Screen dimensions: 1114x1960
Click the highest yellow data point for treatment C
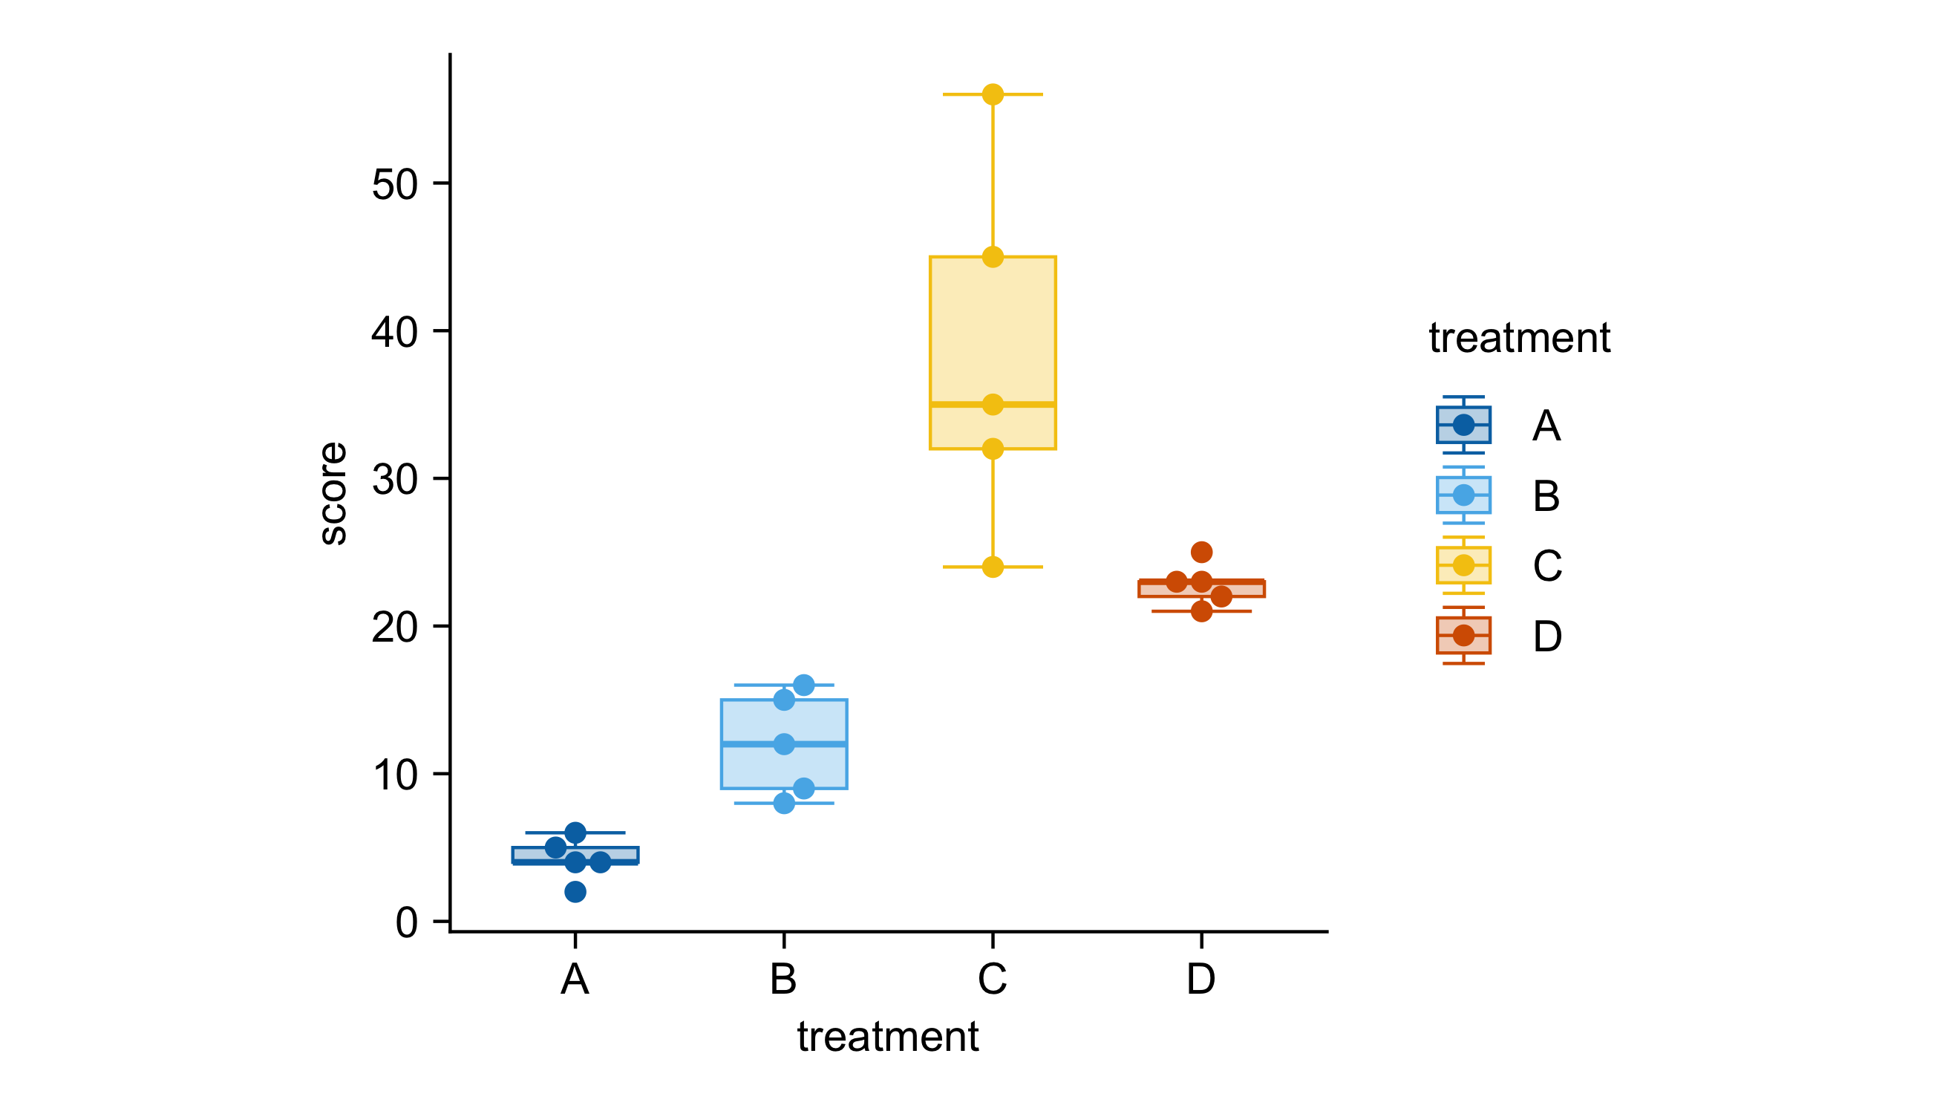[x=992, y=95]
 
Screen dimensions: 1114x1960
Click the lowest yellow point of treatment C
[x=992, y=567]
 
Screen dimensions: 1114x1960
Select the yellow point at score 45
[x=992, y=257]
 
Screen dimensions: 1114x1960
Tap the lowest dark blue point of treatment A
[x=575, y=891]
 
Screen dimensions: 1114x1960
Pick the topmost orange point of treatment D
[x=1201, y=552]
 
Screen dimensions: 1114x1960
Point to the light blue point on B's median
[x=784, y=743]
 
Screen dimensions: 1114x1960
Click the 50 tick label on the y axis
[x=395, y=184]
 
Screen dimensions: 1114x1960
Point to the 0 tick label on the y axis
[x=406, y=922]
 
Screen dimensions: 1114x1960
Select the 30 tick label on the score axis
[x=395, y=480]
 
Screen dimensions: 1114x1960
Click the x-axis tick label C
[x=992, y=979]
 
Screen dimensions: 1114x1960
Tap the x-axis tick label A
[x=575, y=979]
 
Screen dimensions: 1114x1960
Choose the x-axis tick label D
[x=1200, y=979]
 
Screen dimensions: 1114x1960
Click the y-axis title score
[x=333, y=493]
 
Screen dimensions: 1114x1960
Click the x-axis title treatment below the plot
[x=887, y=1037]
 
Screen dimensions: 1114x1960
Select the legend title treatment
[x=1519, y=337]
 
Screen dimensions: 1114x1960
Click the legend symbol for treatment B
[x=1463, y=495]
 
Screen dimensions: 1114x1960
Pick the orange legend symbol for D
[x=1463, y=635]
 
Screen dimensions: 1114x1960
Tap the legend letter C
[x=1547, y=566]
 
